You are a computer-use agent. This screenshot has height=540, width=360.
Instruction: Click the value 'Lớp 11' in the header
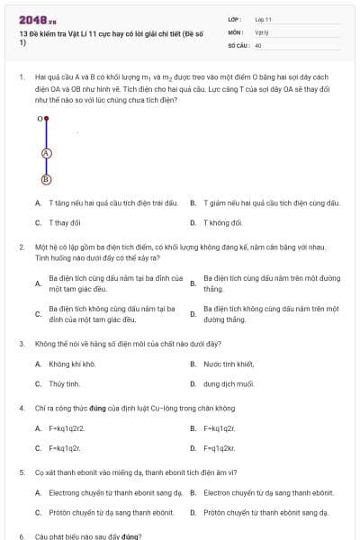tap(263, 19)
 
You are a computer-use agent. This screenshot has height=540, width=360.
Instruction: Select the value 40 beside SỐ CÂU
tap(258, 44)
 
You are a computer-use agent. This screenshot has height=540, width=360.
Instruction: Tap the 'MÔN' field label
tap(236, 31)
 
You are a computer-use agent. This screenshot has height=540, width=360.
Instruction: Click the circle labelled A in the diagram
tap(46, 153)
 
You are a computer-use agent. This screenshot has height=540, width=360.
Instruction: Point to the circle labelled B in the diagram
tap(46, 178)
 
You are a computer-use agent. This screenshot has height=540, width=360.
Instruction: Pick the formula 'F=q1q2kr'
tap(220, 447)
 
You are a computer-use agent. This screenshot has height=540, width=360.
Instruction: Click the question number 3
tap(21, 343)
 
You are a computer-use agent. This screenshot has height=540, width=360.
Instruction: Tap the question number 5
tap(21, 472)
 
